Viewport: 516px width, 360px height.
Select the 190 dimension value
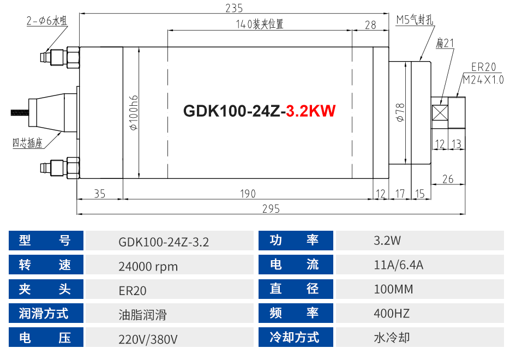click(248, 194)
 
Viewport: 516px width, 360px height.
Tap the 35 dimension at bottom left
click(100, 194)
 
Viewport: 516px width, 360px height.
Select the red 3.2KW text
click(310, 111)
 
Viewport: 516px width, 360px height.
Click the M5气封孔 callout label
click(415, 21)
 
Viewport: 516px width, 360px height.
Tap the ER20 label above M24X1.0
click(483, 67)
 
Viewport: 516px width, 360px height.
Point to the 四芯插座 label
click(27, 144)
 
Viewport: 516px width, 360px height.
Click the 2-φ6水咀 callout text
click(46, 21)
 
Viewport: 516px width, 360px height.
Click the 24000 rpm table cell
click(148, 267)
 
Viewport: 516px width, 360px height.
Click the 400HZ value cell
click(391, 314)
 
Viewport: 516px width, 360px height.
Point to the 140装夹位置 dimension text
click(260, 25)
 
